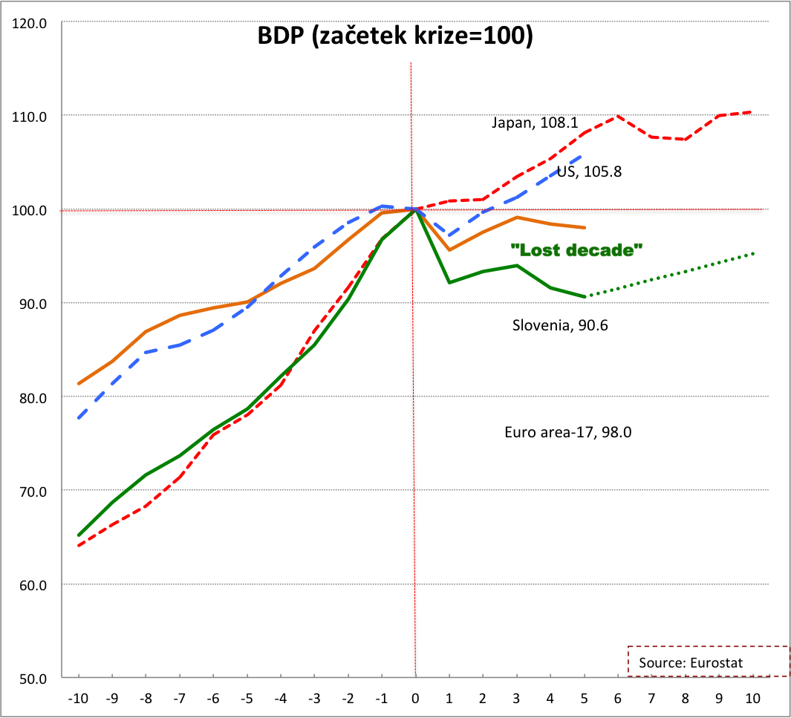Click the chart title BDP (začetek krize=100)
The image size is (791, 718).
click(395, 36)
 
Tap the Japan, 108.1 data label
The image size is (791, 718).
click(535, 123)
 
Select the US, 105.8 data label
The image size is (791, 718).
click(589, 172)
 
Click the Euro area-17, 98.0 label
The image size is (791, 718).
click(567, 432)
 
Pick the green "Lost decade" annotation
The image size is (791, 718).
click(576, 250)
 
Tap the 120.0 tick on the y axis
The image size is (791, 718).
click(30, 23)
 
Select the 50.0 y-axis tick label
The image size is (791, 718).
click(30, 678)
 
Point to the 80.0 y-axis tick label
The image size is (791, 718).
click(30, 397)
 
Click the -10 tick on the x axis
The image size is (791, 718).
click(78, 699)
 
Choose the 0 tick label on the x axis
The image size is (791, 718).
click(415, 699)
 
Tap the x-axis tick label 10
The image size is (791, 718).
click(752, 699)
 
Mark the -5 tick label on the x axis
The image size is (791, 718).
click(247, 699)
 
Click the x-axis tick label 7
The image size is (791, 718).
click(651, 699)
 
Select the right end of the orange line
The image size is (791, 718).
click(585, 227)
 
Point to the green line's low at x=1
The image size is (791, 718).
click(449, 282)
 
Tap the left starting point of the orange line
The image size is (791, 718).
click(79, 384)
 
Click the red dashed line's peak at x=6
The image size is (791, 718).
click(617, 116)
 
